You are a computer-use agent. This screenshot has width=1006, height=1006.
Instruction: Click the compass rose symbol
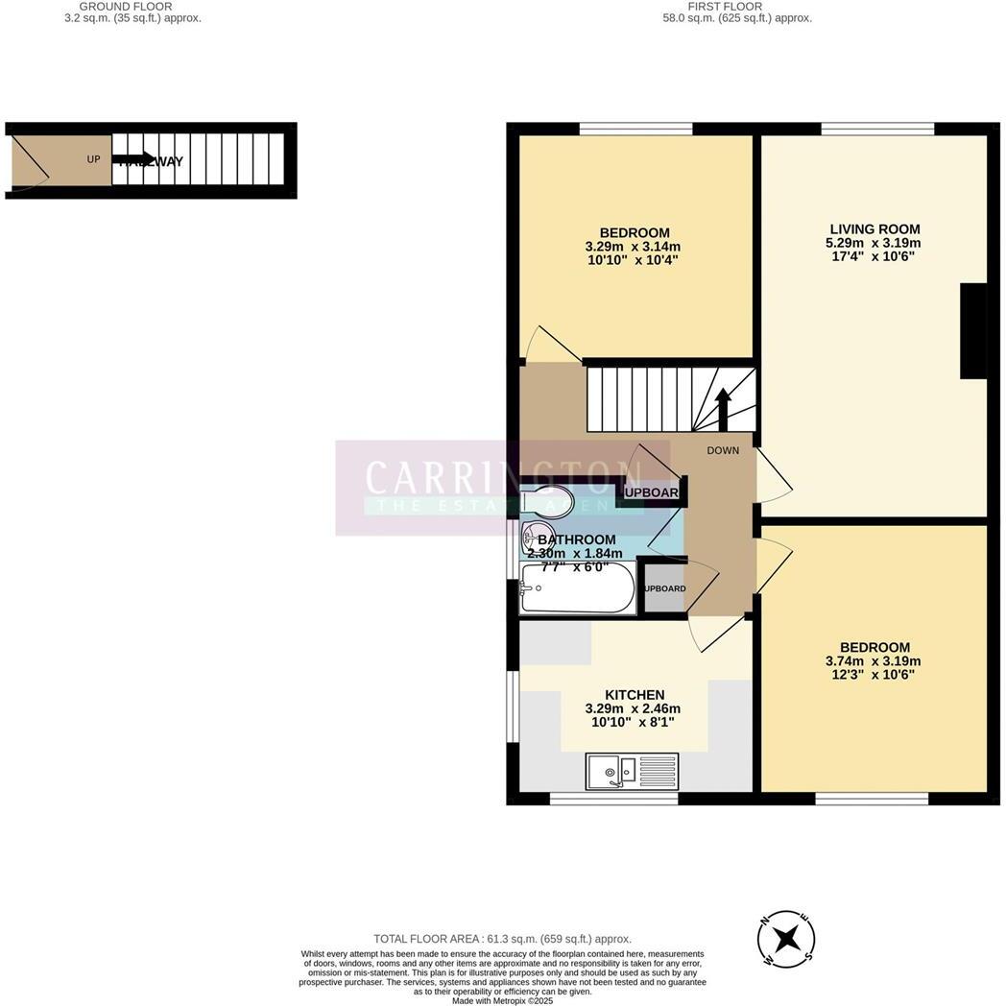786,938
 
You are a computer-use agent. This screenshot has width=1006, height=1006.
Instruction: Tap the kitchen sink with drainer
631,771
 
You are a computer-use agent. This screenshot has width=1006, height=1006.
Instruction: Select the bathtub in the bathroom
577,587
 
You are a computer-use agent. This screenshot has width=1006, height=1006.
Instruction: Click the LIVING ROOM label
874,229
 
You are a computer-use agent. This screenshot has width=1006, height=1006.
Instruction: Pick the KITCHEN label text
634,695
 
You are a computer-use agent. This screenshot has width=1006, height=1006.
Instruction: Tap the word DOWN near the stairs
723,450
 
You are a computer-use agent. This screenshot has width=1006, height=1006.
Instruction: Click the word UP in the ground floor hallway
93,159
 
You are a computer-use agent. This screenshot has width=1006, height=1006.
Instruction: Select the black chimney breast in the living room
973,330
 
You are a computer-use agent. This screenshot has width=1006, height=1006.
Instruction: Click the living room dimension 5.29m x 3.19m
873,243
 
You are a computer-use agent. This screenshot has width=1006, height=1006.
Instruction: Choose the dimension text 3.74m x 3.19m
873,660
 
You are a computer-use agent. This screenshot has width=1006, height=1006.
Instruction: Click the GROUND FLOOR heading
126,7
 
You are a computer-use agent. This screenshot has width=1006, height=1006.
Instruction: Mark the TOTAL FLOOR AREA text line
502,939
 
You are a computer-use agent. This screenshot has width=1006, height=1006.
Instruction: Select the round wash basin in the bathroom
536,534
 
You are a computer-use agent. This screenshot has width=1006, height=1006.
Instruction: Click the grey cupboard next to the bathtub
663,588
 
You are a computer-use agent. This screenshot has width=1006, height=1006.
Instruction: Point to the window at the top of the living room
877,129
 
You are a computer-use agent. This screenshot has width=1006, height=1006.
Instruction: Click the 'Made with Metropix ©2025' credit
502,1000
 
